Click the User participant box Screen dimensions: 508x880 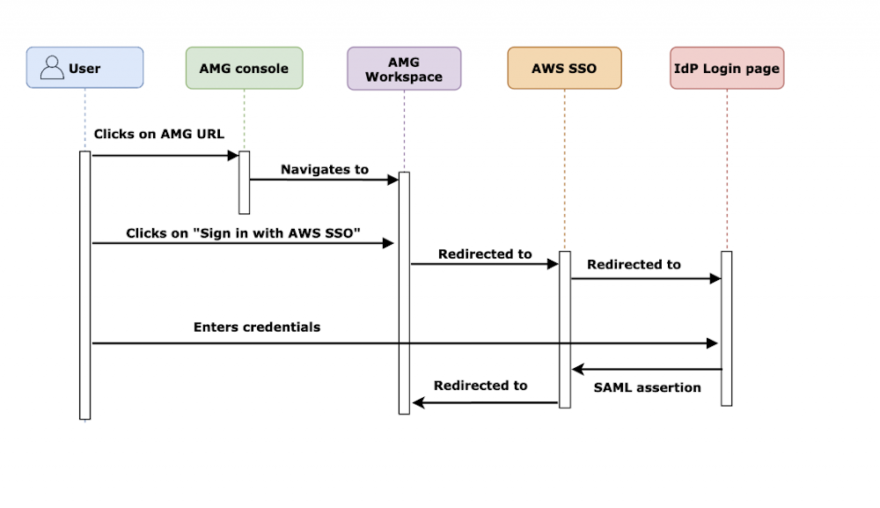coord(84,68)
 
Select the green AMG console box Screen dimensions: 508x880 coord(244,68)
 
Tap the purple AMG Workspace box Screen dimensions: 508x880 coord(404,69)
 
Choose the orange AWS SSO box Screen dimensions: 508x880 coord(564,68)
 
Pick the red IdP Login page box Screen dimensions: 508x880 coord(726,68)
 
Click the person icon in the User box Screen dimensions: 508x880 coord(53,68)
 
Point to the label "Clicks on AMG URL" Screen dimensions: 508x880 coord(159,135)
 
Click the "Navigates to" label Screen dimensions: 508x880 coord(325,169)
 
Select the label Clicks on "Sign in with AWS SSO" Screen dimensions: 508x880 coord(245,233)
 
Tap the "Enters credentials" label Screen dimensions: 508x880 coord(257,327)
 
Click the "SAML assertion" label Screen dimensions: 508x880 coord(648,387)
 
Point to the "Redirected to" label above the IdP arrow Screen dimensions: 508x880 coord(634,264)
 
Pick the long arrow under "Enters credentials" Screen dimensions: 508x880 coord(405,343)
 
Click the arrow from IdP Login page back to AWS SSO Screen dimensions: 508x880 coord(647,370)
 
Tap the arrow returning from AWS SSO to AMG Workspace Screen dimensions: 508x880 coord(485,402)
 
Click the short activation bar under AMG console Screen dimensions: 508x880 coord(244,182)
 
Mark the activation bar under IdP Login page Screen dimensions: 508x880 coord(726,328)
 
